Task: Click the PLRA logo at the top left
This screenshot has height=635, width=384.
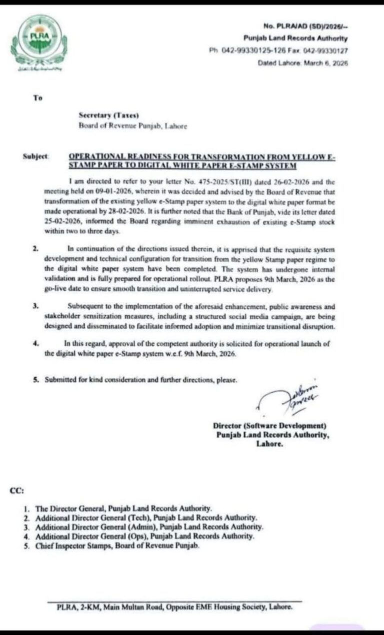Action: click(38, 42)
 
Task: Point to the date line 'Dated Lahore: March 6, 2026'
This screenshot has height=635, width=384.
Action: click(302, 63)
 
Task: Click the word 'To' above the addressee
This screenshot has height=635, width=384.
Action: click(38, 98)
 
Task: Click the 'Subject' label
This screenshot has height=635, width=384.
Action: click(35, 156)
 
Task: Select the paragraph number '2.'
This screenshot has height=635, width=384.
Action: click(35, 248)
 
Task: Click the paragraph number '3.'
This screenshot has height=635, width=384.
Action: click(35, 306)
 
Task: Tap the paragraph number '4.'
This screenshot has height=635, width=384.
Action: click(35, 344)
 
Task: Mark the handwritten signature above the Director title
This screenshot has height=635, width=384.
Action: click(292, 398)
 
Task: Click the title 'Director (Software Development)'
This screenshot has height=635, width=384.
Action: click(269, 426)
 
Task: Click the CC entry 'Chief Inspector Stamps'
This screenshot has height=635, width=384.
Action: click(117, 546)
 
